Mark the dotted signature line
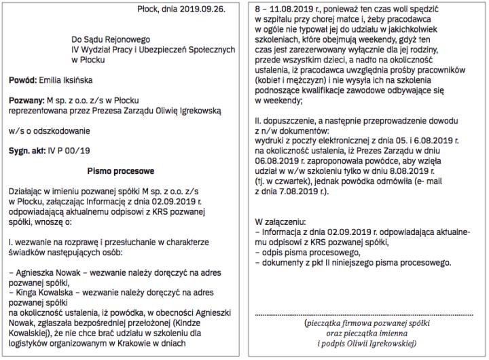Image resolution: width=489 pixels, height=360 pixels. click(361, 314)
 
